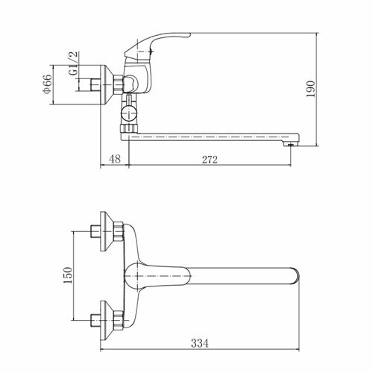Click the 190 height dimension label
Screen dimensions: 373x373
coord(310,89)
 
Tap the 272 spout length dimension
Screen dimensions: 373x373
coord(210,160)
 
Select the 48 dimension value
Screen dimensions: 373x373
coord(115,159)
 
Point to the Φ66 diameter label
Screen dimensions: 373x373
coord(48,84)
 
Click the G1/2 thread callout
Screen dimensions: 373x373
coord(74,63)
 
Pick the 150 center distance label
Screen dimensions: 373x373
coord(67,275)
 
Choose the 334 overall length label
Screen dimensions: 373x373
coord(200,343)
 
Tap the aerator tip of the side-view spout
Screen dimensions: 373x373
coord(291,144)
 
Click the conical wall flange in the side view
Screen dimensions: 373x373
coord(107,84)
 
